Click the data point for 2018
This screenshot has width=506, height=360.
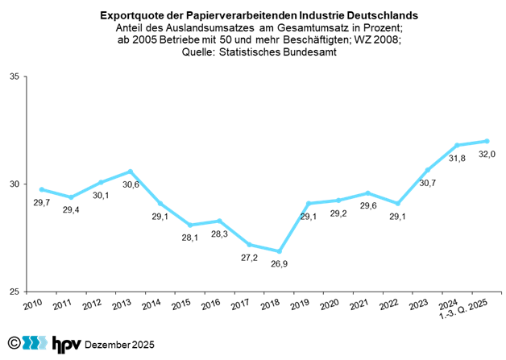click(x=279, y=250)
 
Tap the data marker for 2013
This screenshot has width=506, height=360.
click(x=131, y=172)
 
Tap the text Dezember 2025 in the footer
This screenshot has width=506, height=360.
click(x=119, y=345)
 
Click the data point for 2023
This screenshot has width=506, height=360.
click(x=427, y=170)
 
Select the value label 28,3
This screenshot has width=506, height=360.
click(x=219, y=235)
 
